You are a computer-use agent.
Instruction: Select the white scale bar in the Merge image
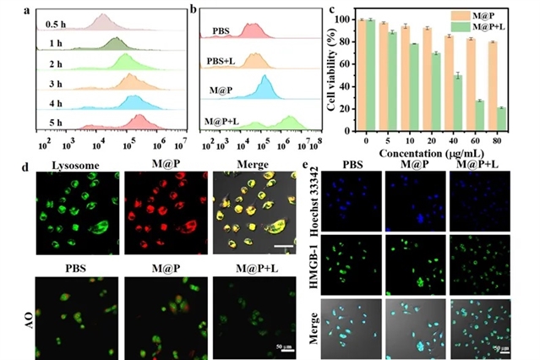[x=289, y=225]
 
